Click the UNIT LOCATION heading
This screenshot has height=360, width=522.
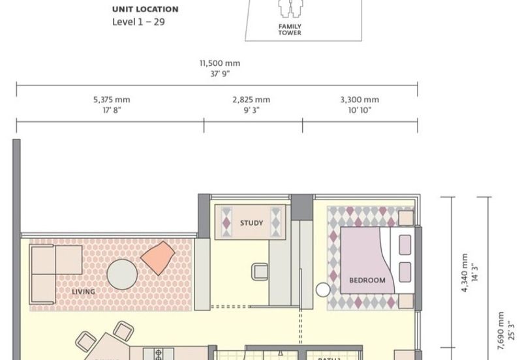pos(145,10)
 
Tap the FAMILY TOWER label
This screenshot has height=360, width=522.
pos(290,29)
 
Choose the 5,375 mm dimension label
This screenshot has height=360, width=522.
pos(112,100)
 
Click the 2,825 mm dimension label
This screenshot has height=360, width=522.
pos(251,100)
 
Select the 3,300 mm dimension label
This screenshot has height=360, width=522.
pos(360,100)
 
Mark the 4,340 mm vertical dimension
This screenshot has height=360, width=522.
pos(465,272)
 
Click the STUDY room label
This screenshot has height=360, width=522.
pos(251,223)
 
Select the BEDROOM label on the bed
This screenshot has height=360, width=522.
pos(367,280)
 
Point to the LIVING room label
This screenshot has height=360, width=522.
pos(84,292)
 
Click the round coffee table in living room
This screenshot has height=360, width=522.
pos(122,274)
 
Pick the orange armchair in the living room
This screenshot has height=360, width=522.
pos(157,258)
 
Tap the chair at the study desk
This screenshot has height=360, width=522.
pos(260,271)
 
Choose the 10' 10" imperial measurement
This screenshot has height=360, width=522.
pos(360,110)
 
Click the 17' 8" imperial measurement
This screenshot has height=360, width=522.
pos(112,110)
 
